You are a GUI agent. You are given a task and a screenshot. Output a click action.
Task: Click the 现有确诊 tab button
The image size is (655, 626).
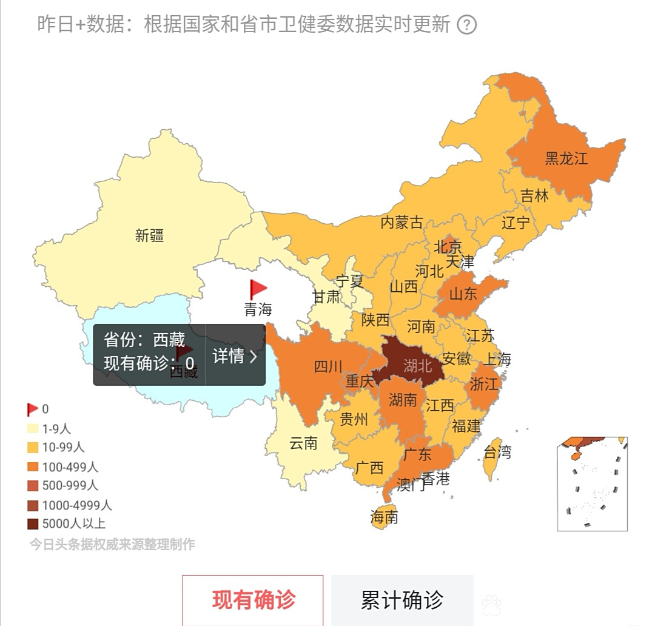[x=253, y=600]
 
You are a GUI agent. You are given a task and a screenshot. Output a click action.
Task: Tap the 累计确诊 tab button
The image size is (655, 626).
[x=401, y=600]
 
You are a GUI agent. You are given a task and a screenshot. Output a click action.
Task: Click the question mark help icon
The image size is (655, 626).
[x=466, y=25]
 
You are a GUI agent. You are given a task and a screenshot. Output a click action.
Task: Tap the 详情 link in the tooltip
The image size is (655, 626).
[x=235, y=356]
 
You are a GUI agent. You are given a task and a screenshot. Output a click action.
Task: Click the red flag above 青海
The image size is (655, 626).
[x=258, y=289]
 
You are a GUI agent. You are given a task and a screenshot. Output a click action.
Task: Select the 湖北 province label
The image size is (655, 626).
[x=417, y=365]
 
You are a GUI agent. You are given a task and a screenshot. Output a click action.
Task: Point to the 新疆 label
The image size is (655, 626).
[x=149, y=235]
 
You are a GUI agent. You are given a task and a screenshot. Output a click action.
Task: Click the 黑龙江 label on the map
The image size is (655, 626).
[x=566, y=158]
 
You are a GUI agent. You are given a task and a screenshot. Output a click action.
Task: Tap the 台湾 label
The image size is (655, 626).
[x=497, y=452]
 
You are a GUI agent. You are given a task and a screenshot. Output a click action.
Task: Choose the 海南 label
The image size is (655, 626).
[x=385, y=517]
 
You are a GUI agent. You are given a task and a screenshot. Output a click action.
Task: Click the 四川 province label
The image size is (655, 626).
[x=328, y=366]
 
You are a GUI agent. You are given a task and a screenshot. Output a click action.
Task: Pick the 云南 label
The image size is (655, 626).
[x=303, y=443]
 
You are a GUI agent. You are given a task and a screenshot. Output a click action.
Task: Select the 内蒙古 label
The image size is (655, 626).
[x=401, y=222]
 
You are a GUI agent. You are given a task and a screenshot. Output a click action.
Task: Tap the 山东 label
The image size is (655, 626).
[x=463, y=294]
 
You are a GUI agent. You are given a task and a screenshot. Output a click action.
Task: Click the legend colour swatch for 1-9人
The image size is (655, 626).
[x=33, y=429]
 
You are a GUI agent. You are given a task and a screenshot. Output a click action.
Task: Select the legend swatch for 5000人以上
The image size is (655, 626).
[x=33, y=523]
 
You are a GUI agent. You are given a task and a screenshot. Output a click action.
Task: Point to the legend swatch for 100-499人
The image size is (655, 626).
[x=33, y=467]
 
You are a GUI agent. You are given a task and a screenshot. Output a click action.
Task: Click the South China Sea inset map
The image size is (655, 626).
[x=592, y=483]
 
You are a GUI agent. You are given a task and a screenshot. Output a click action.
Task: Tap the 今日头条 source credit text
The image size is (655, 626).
[x=113, y=544]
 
